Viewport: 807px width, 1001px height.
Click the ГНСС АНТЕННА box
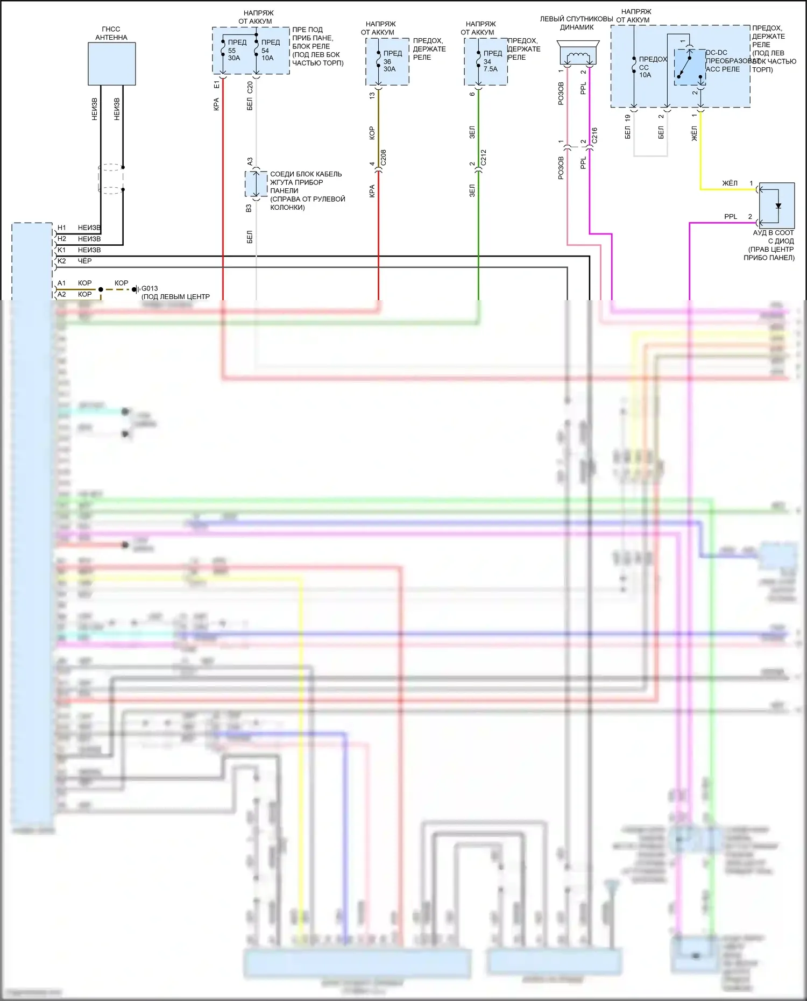(111, 63)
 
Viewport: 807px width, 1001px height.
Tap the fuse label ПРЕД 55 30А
(236, 50)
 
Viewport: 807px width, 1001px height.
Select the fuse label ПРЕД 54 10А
(270, 50)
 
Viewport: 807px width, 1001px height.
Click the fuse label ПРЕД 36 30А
(391, 61)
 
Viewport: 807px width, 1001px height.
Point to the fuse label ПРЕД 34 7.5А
(491, 61)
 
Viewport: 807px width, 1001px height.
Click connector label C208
(383, 157)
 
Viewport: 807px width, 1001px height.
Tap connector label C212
(483, 157)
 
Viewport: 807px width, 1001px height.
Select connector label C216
(594, 135)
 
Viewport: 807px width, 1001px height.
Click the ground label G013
(150, 288)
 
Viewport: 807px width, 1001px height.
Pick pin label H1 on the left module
(62, 228)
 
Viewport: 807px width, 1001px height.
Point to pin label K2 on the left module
(62, 261)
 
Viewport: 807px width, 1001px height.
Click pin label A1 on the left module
(62, 283)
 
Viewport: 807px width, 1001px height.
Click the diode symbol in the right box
(778, 206)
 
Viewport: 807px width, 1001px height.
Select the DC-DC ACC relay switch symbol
(689, 66)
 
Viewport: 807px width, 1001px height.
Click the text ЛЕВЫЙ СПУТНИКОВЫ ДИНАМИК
(576, 23)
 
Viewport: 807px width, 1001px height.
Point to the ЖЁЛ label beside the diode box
(730, 183)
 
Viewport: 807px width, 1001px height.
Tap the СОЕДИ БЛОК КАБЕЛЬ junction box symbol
(256, 184)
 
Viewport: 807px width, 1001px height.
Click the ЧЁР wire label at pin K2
(84, 261)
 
